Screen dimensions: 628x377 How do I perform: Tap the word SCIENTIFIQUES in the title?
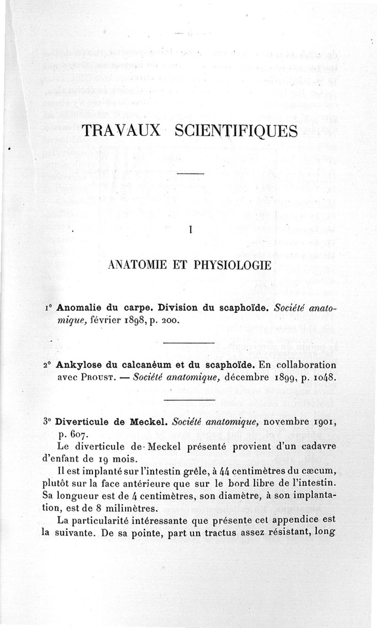tap(236, 130)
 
